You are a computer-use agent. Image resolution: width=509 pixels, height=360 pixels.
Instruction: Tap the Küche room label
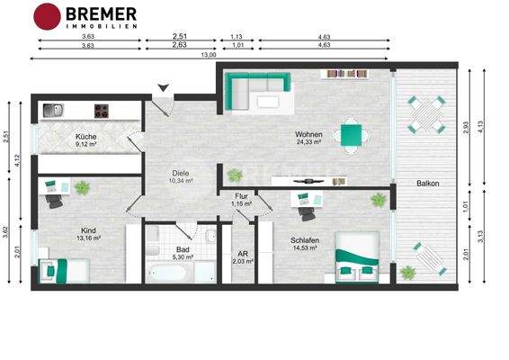point(86,139)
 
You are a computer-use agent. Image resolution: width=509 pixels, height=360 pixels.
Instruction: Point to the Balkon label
point(428,184)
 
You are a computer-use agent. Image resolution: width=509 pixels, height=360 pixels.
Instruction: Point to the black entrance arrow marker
point(163,86)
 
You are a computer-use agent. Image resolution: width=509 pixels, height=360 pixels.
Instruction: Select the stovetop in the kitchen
point(102,111)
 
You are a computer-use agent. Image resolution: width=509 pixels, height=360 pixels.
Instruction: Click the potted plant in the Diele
point(235,175)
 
